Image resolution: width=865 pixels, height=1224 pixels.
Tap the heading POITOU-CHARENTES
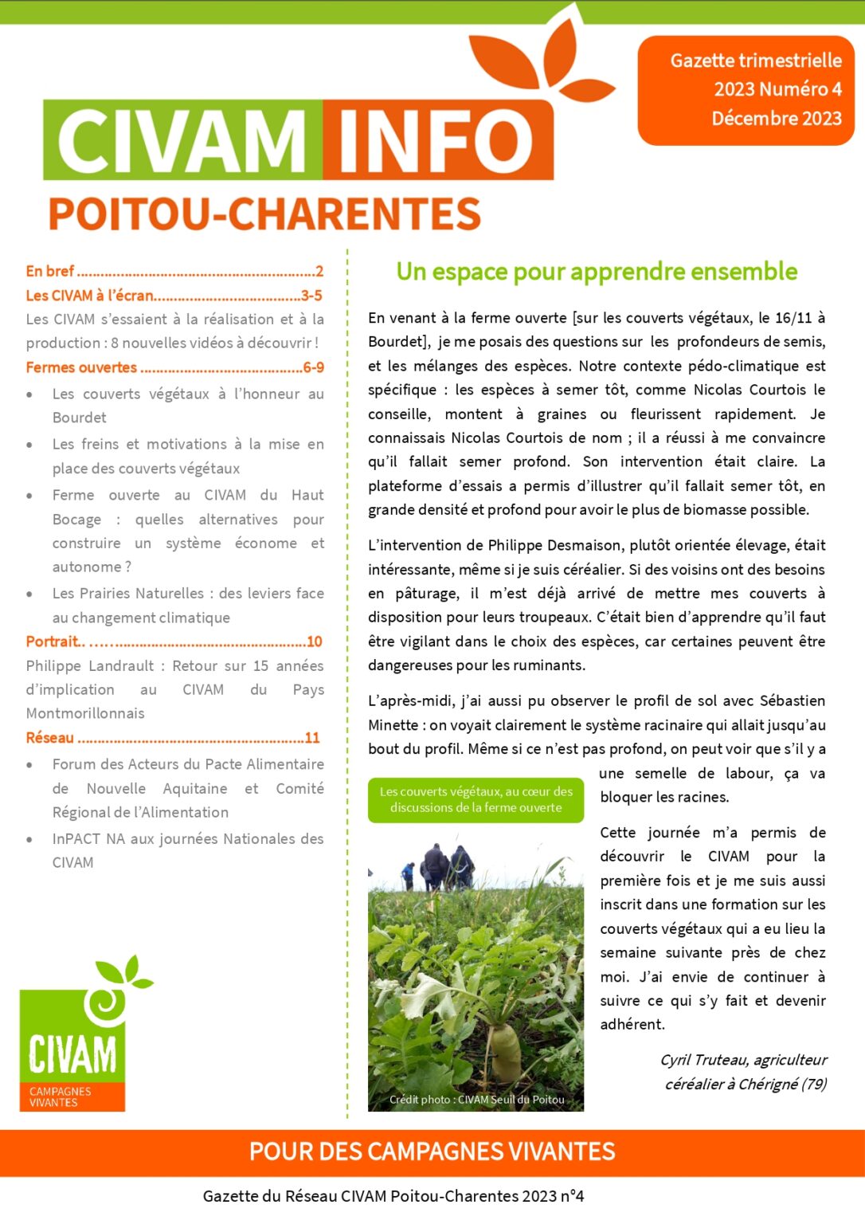click(264, 214)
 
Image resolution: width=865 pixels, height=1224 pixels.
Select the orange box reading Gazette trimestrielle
click(746, 89)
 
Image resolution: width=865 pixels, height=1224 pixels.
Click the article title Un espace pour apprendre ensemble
click(597, 272)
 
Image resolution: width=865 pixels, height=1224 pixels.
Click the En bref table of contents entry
click(50, 271)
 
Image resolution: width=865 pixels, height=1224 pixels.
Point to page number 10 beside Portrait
click(315, 641)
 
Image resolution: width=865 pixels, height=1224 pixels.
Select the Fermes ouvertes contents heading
click(81, 367)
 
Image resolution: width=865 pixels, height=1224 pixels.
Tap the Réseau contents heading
click(49, 738)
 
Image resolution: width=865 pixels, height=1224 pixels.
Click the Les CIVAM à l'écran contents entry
click(89, 296)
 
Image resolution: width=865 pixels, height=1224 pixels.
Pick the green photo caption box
click(476, 799)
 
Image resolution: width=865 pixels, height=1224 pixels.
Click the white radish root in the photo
click(503, 1052)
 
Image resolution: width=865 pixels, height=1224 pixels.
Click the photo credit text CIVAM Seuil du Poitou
click(476, 1100)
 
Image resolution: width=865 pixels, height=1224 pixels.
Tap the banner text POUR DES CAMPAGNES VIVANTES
click(432, 1151)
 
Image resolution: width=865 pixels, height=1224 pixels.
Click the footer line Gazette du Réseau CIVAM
click(393, 1196)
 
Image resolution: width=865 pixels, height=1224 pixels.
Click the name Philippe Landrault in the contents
click(90, 665)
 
